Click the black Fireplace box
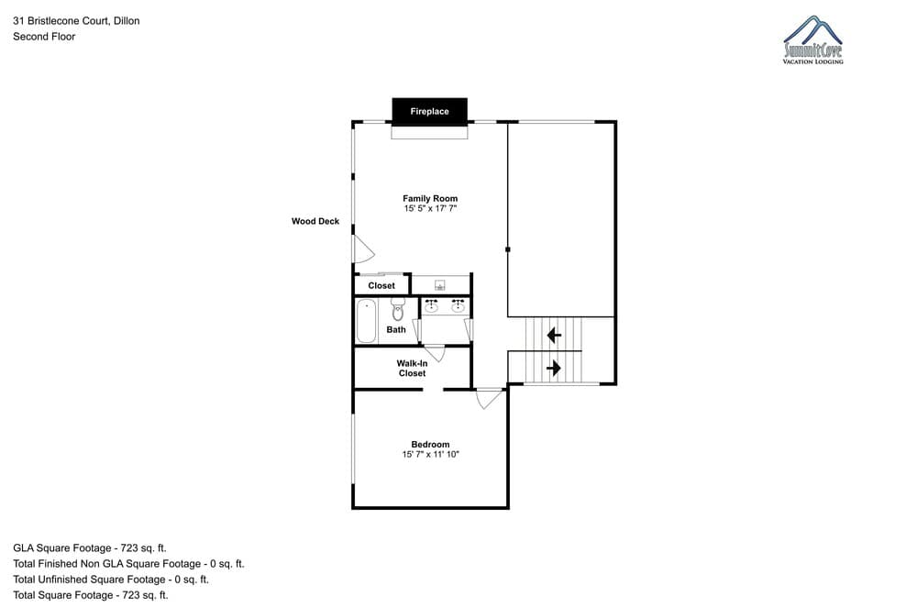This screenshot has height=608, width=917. coord(429,111)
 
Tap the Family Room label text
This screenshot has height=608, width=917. coord(430,198)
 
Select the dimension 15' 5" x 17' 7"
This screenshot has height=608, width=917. coord(430,209)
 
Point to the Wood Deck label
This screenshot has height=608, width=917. coord(315,221)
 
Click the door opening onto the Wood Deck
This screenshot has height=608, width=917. coord(362,249)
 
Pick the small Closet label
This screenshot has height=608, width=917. coord(381,285)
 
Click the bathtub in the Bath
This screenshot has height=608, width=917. coord(366,321)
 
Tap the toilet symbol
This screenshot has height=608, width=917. coord(397,311)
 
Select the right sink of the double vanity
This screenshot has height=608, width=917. coord(458,306)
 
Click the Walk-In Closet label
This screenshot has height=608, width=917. coord(412,368)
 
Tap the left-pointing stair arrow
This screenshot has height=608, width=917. coord(554,335)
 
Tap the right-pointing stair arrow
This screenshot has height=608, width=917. coord(554,368)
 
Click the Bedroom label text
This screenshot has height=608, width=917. coord(430,444)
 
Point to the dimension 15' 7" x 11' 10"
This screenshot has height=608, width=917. coord(430,454)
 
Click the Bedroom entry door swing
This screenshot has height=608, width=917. coord(489,399)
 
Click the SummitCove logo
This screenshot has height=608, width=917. coord(812,40)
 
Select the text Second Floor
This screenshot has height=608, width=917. coord(44,37)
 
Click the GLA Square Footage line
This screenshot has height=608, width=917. coord(90,547)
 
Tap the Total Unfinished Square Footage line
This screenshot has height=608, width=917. coord(111,580)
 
